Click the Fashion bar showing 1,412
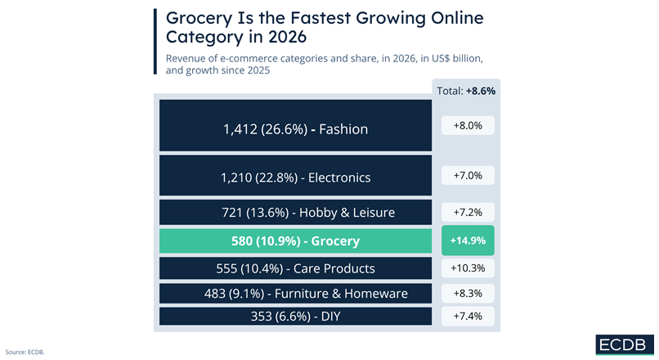295,128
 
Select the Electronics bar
295,177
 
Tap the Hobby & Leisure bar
295,212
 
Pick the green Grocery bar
295,241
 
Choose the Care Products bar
295,268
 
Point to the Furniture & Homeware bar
295,293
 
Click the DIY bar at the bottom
295,316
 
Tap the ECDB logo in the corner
623,344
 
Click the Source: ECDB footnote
25,352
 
